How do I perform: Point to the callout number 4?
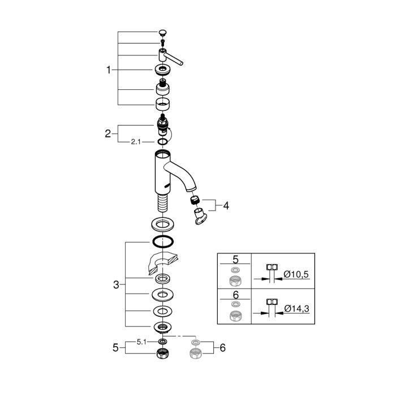coord(226,206)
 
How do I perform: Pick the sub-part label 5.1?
coord(143,342)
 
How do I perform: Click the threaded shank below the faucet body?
coord(162,203)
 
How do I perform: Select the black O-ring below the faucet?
coord(162,242)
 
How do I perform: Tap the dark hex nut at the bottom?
coord(162,355)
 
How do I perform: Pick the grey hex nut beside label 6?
coord(196,355)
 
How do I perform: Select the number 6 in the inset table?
coord(235,295)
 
